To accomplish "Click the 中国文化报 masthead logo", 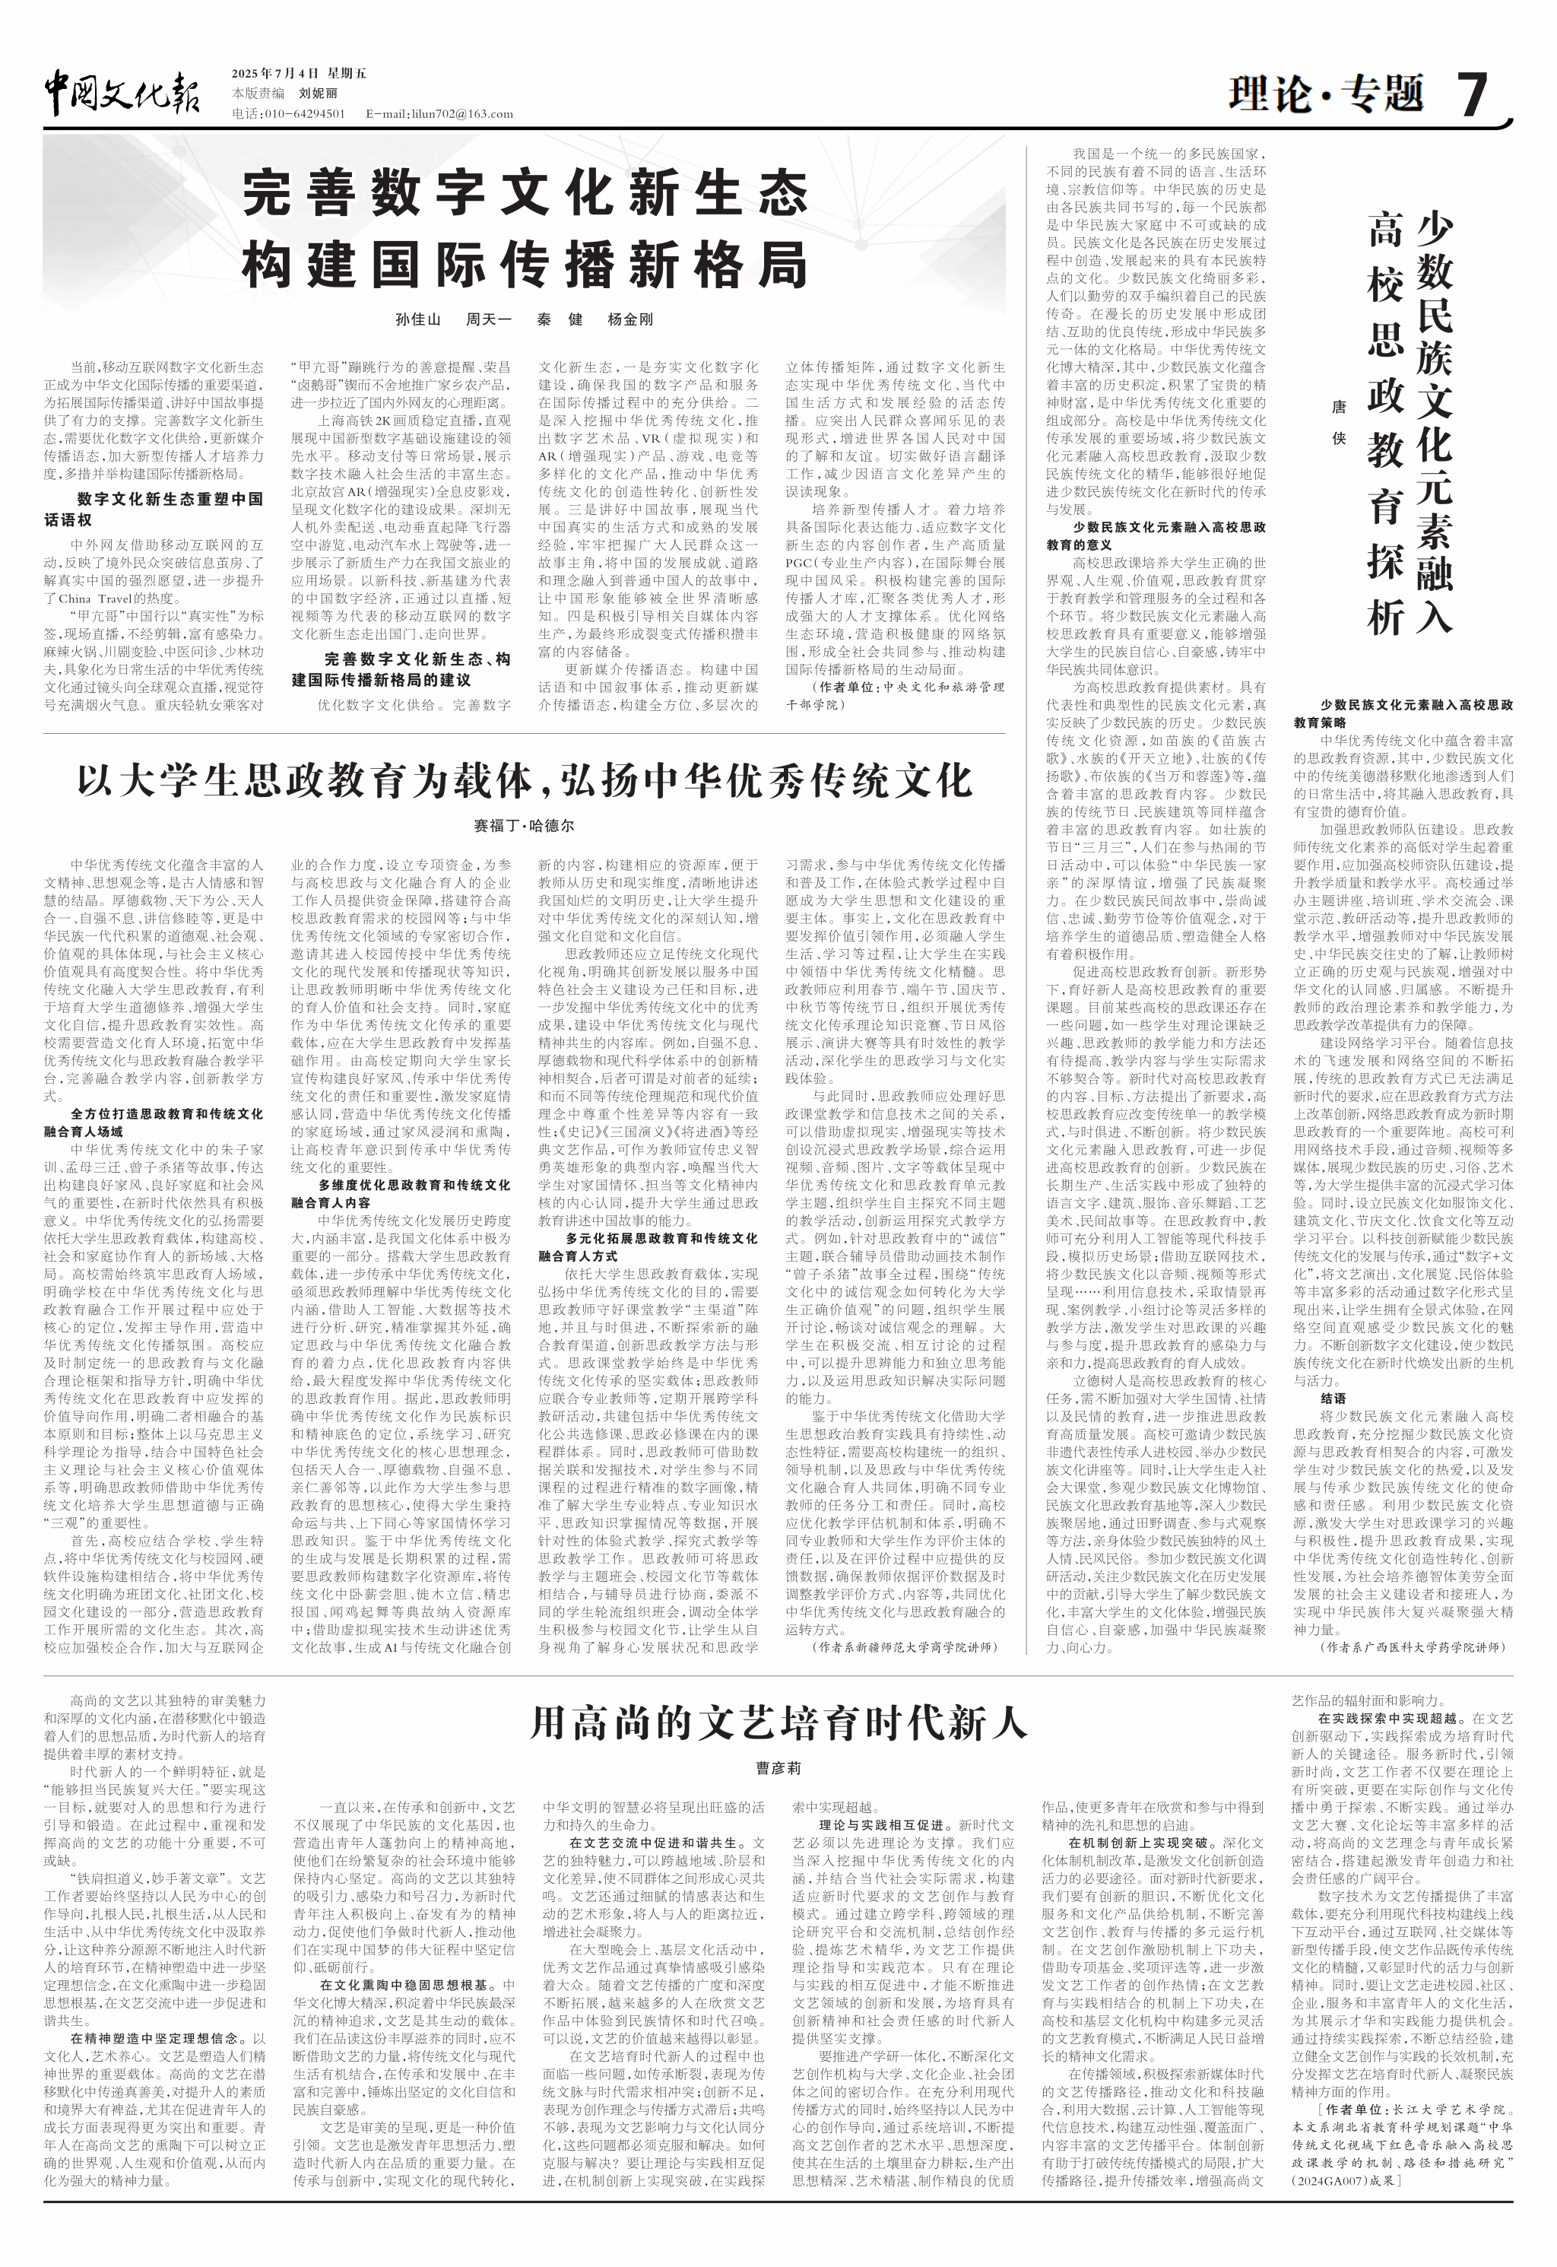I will click(122, 94).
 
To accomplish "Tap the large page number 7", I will click(1472, 94).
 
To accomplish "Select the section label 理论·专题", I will click(1326, 94).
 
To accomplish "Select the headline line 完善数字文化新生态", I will click(525, 192).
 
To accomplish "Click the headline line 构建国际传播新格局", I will click(525, 265).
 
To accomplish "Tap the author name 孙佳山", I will click(417, 319).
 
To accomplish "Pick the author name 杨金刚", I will click(630, 319).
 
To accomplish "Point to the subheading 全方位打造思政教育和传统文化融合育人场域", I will click(153, 1122).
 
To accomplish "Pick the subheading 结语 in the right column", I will click(1333, 1399).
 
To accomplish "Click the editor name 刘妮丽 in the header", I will click(318, 94).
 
